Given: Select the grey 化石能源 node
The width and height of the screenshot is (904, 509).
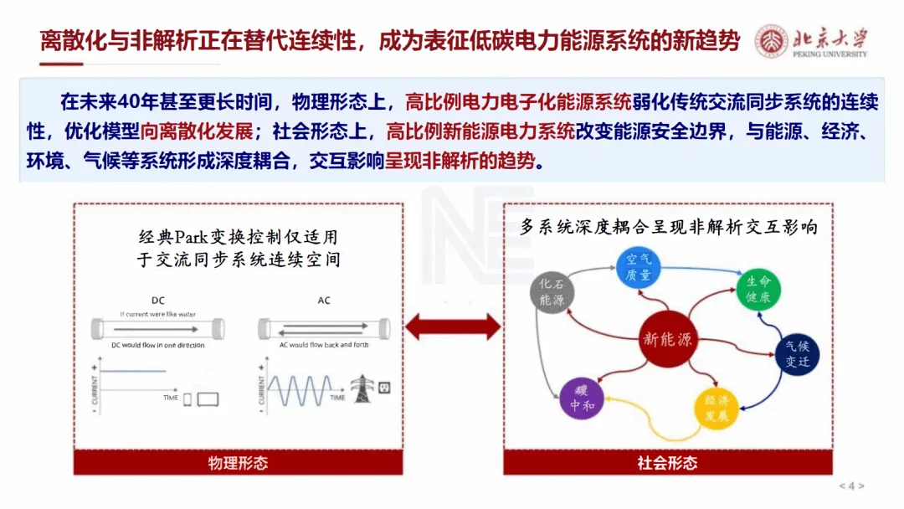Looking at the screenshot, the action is [x=552, y=290].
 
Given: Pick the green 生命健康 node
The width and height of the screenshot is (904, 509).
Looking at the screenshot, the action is [x=758, y=289].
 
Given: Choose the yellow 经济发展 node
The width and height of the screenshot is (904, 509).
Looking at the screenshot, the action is [x=717, y=407].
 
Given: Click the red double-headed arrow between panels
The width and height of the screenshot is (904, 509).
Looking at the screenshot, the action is [x=452, y=326].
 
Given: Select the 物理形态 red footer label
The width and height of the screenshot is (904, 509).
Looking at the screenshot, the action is [x=238, y=462].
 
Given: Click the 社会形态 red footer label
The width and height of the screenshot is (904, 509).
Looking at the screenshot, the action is [x=667, y=462].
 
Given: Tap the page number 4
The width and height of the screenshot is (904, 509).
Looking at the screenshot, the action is [x=852, y=486].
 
